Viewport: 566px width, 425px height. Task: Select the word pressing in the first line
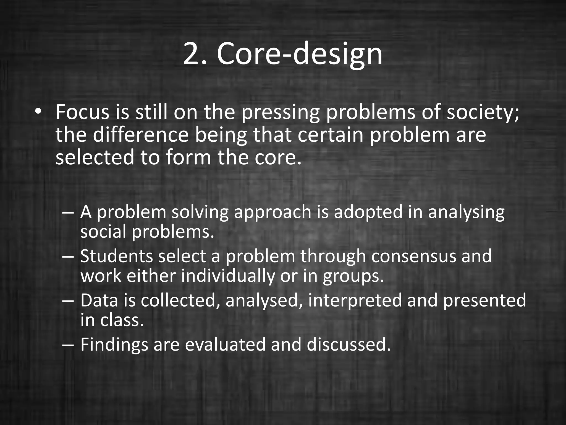(x=281, y=113)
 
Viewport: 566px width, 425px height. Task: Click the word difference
(x=141, y=135)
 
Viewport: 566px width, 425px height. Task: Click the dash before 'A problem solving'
(x=68, y=212)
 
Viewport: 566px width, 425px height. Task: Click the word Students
(x=116, y=256)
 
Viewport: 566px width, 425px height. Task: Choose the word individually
(x=228, y=276)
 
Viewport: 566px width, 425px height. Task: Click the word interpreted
(x=355, y=300)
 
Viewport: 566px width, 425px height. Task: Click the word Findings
(x=114, y=345)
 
